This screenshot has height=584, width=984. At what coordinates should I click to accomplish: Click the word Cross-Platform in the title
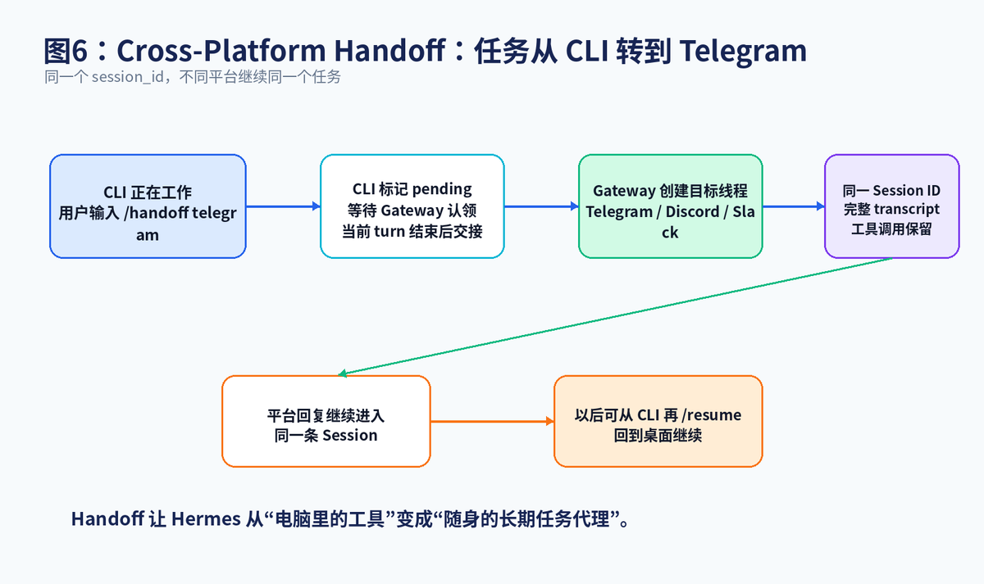(x=221, y=51)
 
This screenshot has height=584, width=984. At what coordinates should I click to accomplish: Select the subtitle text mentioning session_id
(x=193, y=77)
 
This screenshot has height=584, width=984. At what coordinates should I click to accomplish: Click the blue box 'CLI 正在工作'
(x=148, y=206)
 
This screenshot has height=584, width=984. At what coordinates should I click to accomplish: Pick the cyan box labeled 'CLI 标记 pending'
(x=412, y=206)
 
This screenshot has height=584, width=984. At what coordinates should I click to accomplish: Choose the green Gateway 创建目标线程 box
(x=671, y=206)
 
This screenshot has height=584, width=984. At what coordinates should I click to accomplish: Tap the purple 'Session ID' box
(x=892, y=206)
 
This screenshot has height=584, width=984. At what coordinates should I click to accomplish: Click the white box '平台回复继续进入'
(x=326, y=421)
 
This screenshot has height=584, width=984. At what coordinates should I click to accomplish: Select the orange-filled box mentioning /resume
(x=658, y=421)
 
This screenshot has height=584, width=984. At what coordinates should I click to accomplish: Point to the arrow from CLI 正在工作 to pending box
(x=284, y=206)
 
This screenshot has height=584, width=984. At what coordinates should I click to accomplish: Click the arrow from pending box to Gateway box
(x=542, y=206)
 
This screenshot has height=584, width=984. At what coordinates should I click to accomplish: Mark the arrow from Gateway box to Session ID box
(x=794, y=206)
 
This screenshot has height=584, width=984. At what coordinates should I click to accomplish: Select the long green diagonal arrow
(x=615, y=316)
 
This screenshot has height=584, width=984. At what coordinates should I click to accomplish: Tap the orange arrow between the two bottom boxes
(x=493, y=421)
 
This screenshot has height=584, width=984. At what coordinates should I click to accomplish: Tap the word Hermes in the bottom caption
(x=206, y=519)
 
